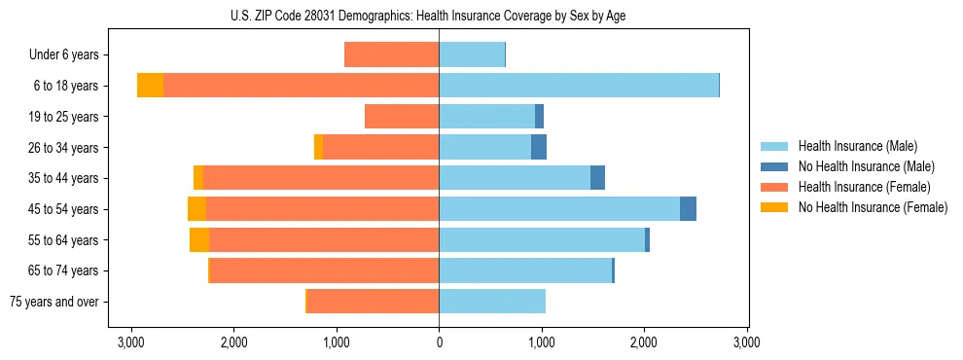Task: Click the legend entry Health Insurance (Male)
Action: click(857, 146)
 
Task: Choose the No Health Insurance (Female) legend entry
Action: click(872, 207)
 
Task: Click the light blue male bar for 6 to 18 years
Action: click(579, 86)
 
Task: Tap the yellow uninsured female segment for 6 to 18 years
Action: click(150, 86)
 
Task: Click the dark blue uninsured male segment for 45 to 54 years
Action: click(688, 209)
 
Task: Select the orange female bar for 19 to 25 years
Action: click(402, 117)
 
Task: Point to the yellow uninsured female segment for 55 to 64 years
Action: click(199, 240)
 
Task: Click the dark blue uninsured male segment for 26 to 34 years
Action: click(539, 148)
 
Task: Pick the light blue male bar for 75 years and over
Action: click(492, 302)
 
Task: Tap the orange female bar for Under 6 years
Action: click(392, 55)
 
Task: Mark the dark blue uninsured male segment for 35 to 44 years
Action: click(597, 178)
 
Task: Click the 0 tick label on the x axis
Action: click(439, 342)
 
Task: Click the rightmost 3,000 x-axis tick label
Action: click(746, 342)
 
